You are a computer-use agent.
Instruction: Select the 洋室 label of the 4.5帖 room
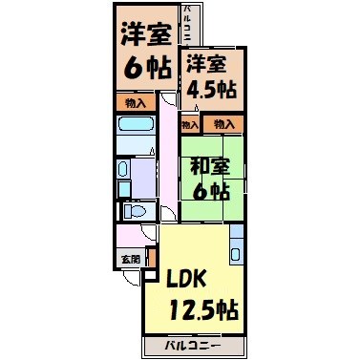pos(206,65)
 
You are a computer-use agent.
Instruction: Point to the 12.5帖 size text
pos(202,310)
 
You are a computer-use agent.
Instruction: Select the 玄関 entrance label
pos(129,259)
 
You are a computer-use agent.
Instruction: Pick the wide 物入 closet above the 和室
pos(223,124)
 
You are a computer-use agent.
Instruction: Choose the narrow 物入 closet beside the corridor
pos(189,124)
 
